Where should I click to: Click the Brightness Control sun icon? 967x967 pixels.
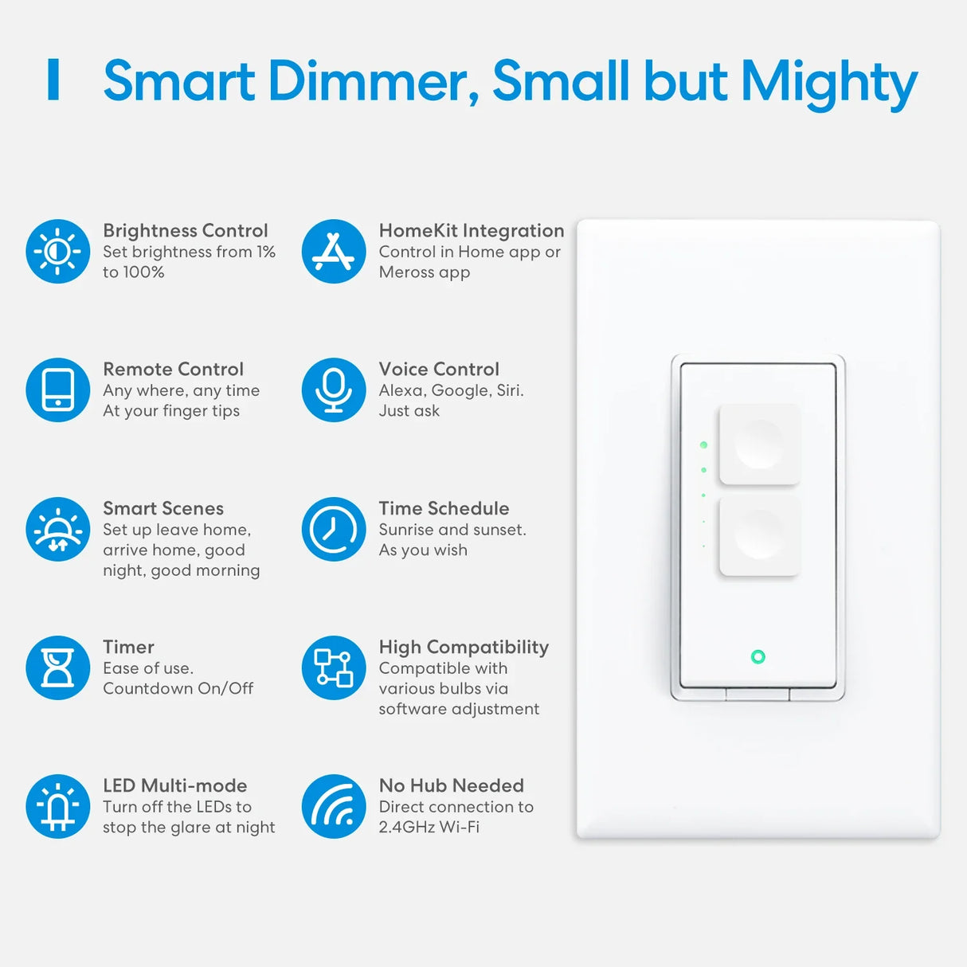57,251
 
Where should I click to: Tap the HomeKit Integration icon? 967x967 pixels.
334,251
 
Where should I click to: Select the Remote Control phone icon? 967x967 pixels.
57,390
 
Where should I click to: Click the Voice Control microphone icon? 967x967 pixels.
334,390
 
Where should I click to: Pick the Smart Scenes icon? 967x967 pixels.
57,529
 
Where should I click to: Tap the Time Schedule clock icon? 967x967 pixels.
334,529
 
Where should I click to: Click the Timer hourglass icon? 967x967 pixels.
57,668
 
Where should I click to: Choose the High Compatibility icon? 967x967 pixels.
334,668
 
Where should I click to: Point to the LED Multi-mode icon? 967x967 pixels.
57,806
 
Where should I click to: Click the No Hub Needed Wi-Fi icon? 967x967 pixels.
334,806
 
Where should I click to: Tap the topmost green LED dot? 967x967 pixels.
703,444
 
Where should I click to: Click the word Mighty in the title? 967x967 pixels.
829,83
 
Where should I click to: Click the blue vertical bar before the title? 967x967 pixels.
53,80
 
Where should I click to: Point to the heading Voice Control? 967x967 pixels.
439,370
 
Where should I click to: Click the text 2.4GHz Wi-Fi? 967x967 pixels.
429,827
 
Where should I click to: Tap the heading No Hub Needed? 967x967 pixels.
452,785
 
